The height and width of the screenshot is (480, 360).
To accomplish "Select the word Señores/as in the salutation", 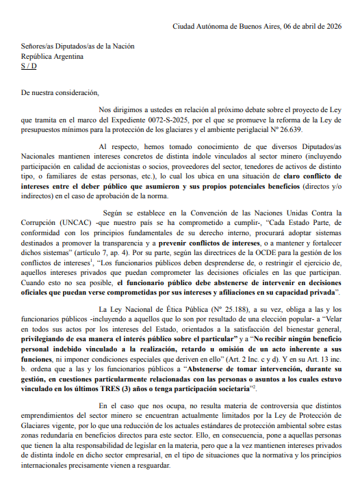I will [x=39, y=46].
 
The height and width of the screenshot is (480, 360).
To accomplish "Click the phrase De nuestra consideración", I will [x=60, y=92].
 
